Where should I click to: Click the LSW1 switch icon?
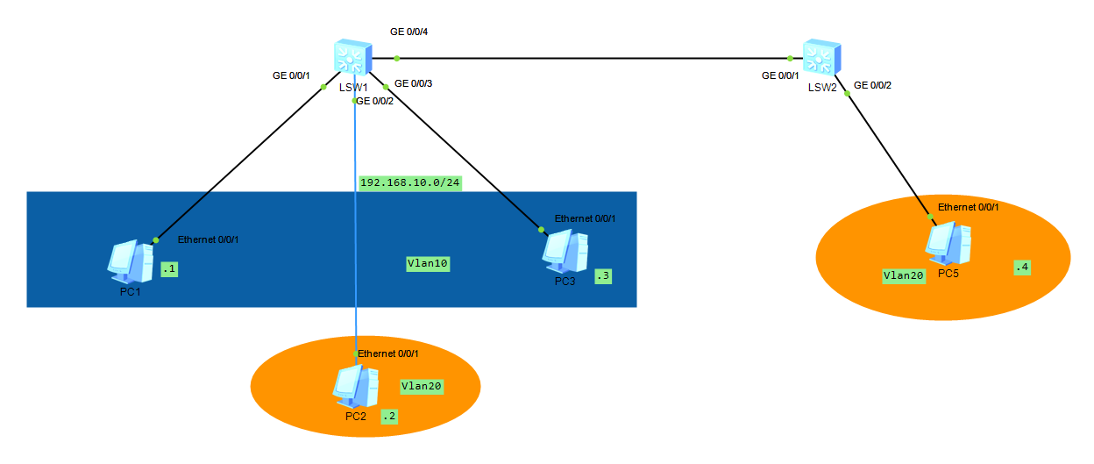tap(353, 58)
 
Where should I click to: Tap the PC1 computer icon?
tap(130, 261)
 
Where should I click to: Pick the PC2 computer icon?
tap(355, 387)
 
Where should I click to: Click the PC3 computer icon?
tap(565, 252)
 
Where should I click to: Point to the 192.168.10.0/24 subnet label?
tap(410, 183)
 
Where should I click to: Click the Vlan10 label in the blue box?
tap(428, 263)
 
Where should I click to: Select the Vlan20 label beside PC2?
tap(423, 386)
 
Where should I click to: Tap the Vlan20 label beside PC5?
tap(905, 275)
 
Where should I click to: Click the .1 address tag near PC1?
tap(169, 270)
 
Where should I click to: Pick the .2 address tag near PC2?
tap(388, 418)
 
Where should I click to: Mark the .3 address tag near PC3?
tap(603, 276)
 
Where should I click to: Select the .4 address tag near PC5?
tap(1021, 267)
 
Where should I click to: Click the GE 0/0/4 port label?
tap(408, 32)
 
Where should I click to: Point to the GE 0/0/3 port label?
tap(414, 84)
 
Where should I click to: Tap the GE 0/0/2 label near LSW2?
tap(872, 85)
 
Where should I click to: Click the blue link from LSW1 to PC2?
tap(355, 263)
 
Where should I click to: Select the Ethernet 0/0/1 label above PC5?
tap(968, 207)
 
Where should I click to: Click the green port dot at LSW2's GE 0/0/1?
tap(790, 59)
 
